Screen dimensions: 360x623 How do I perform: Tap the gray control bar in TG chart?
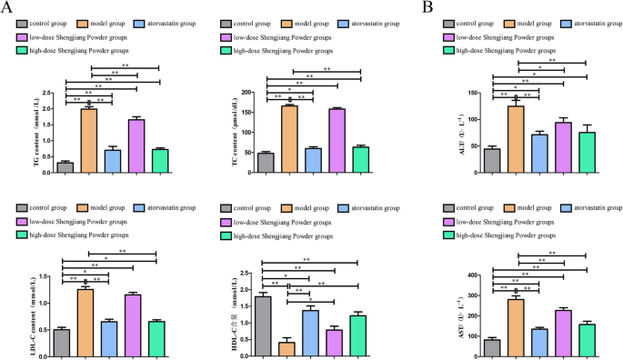[65, 166]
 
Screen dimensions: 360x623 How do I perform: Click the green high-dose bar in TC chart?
[359, 158]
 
